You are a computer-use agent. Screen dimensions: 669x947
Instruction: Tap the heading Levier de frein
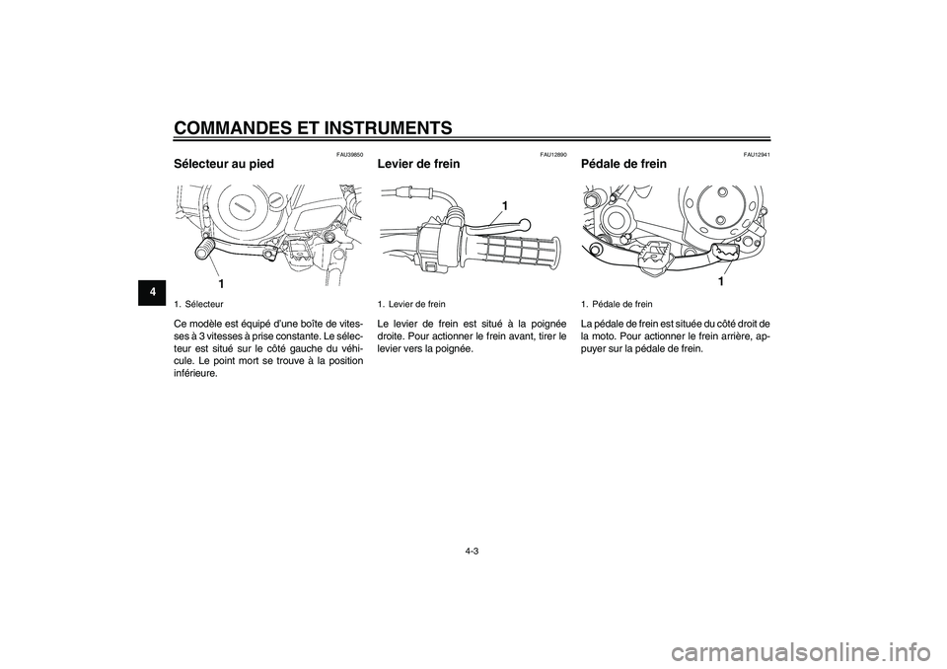click(418, 163)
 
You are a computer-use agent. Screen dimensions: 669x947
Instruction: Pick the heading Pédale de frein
click(624, 163)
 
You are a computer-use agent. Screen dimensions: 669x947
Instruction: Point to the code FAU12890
click(553, 154)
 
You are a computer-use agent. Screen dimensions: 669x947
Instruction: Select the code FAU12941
click(757, 154)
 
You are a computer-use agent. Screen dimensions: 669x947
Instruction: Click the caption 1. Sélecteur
click(198, 304)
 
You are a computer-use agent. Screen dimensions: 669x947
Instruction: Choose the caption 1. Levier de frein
click(412, 304)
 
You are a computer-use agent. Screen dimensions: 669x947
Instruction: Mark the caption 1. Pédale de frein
click(618, 304)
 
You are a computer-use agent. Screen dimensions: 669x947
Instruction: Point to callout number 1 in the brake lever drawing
click(502, 204)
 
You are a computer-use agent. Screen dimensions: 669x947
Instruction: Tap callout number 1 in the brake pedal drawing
click(720, 281)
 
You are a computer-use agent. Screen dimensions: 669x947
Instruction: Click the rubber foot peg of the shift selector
click(205, 247)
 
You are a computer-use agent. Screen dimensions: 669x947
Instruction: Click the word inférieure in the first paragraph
click(197, 371)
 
